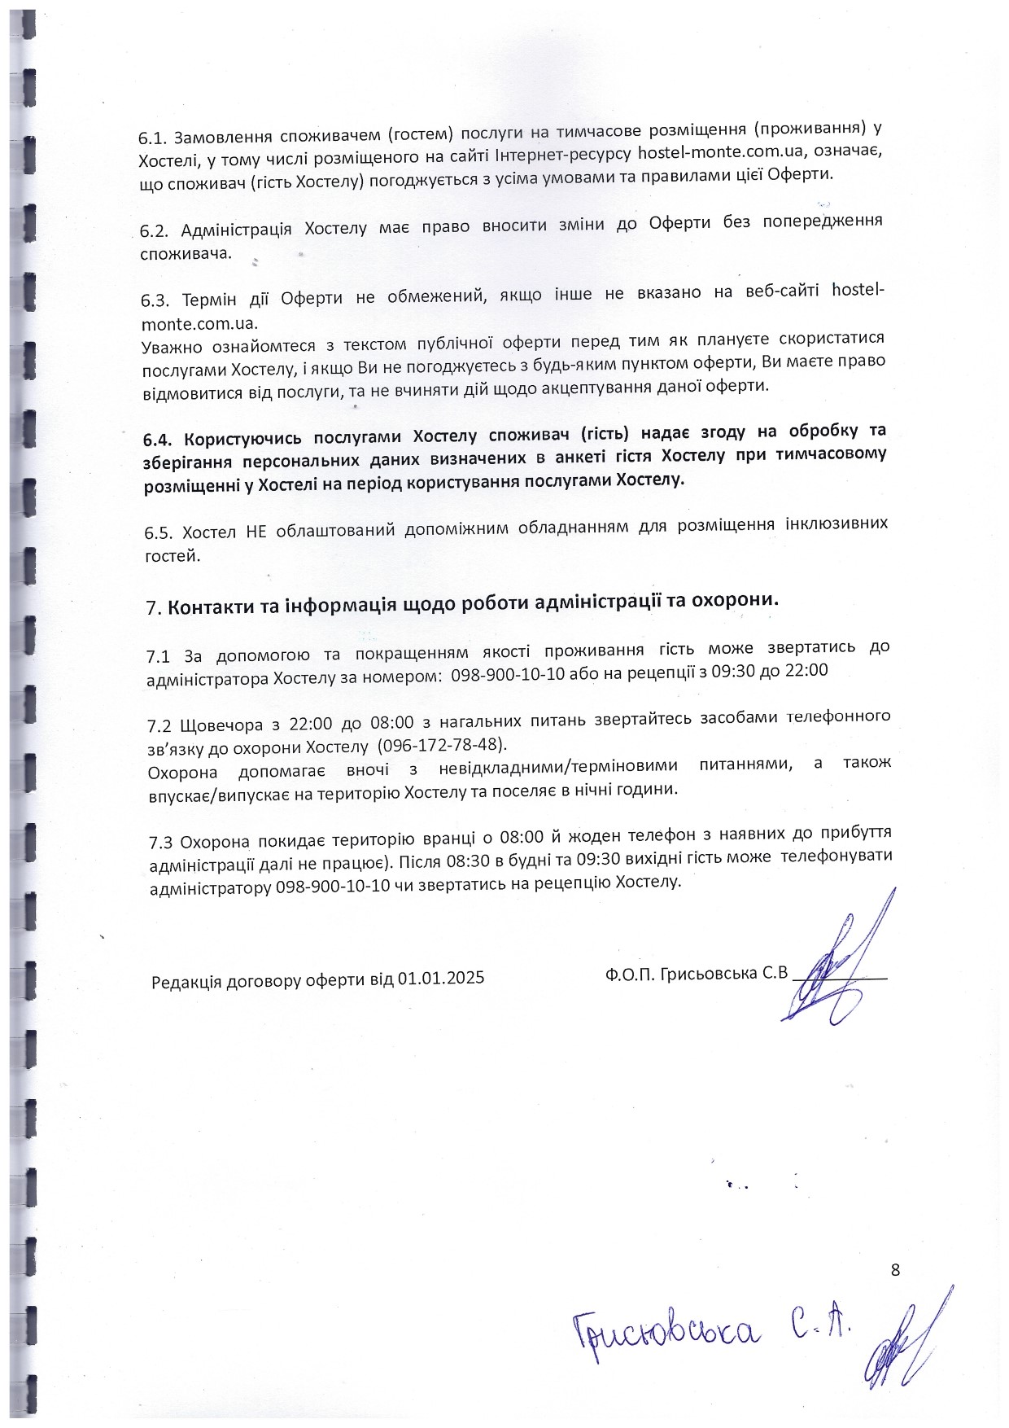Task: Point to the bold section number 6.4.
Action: point(158,440)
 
